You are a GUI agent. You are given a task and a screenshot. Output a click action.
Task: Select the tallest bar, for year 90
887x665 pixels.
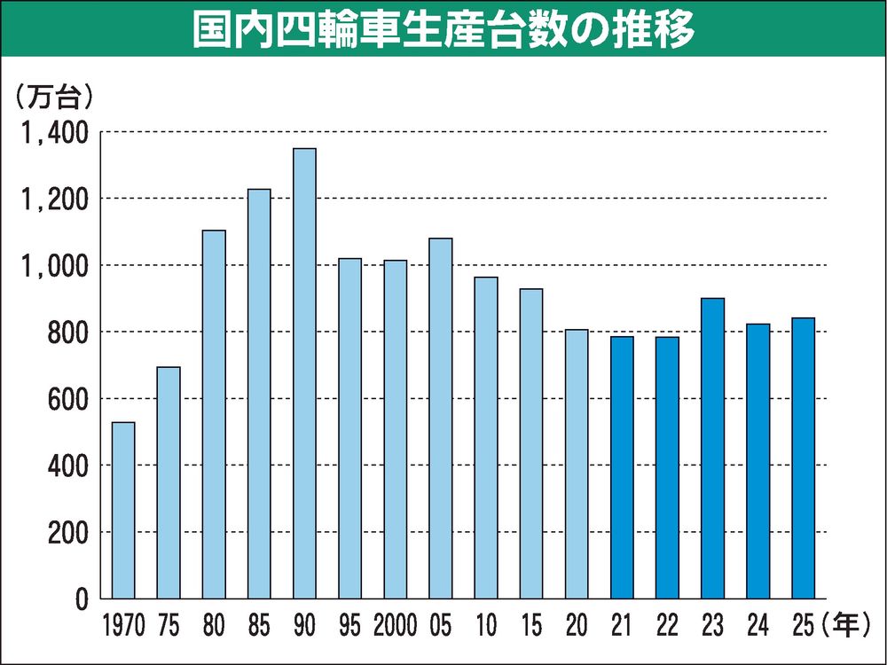[304, 372]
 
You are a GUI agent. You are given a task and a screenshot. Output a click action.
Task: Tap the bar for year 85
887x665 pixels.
[259, 394]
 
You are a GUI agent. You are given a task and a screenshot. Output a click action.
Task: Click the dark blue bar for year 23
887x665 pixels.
[712, 448]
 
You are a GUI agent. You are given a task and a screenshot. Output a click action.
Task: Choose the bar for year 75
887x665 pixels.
[169, 482]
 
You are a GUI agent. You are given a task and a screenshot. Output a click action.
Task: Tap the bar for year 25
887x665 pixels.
[803, 458]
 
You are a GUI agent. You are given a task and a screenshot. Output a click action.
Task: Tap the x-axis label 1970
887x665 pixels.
[123, 627]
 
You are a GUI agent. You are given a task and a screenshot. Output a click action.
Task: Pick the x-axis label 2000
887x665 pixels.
[395, 627]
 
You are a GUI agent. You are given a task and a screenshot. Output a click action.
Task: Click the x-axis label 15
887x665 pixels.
[530, 627]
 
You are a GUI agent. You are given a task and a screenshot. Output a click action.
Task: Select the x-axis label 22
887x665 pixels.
[667, 627]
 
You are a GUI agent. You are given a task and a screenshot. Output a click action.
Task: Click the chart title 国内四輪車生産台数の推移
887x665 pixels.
[443, 29]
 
